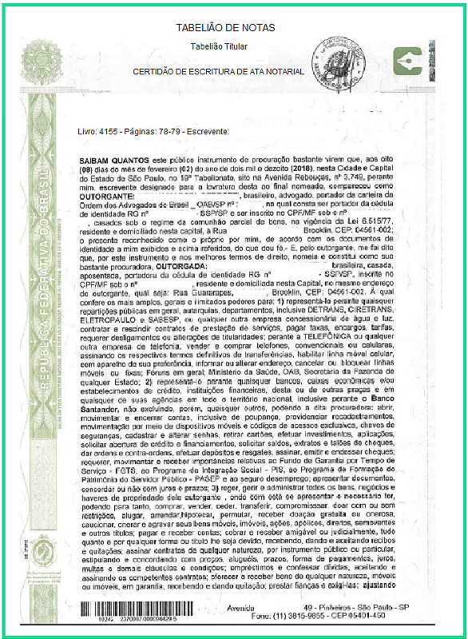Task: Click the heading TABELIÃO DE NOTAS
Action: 225,29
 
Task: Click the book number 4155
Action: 108,130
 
